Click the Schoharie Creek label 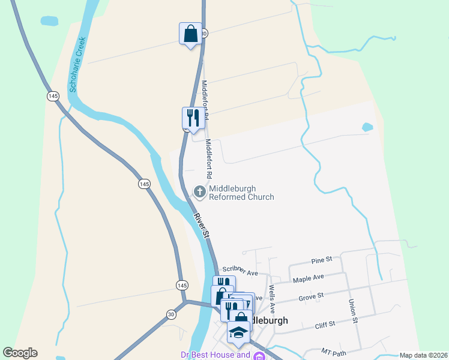[x=77, y=65]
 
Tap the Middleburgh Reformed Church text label [x=241, y=193]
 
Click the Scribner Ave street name [x=240, y=271]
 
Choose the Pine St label [x=322, y=260]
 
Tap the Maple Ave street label [x=308, y=278]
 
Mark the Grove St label [x=312, y=296]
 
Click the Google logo [x=20, y=353]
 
